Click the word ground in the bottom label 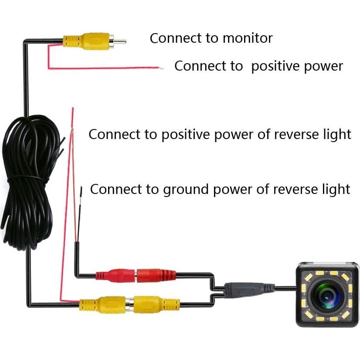(184, 190)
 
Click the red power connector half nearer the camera (156, 275)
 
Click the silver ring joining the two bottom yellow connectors (129, 303)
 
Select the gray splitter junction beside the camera (248, 289)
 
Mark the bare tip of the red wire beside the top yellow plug (162, 68)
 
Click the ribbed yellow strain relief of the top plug (71, 42)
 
